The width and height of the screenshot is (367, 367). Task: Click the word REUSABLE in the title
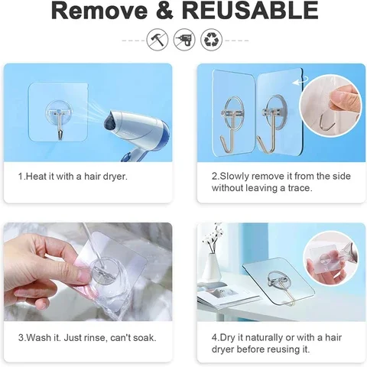click(x=250, y=11)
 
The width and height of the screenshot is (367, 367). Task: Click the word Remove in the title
click(x=99, y=11)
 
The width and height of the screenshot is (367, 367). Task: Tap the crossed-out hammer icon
click(x=158, y=40)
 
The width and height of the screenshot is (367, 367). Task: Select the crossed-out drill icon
click(x=184, y=40)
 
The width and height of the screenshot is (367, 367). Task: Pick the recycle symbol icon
click(x=211, y=40)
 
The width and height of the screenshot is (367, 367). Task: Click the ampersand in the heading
click(x=165, y=11)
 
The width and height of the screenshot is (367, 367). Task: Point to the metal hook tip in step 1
click(x=60, y=137)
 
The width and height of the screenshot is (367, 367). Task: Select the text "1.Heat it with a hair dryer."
click(x=73, y=176)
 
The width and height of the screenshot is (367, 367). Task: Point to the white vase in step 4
click(x=211, y=268)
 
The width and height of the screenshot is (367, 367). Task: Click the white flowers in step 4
click(x=212, y=235)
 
